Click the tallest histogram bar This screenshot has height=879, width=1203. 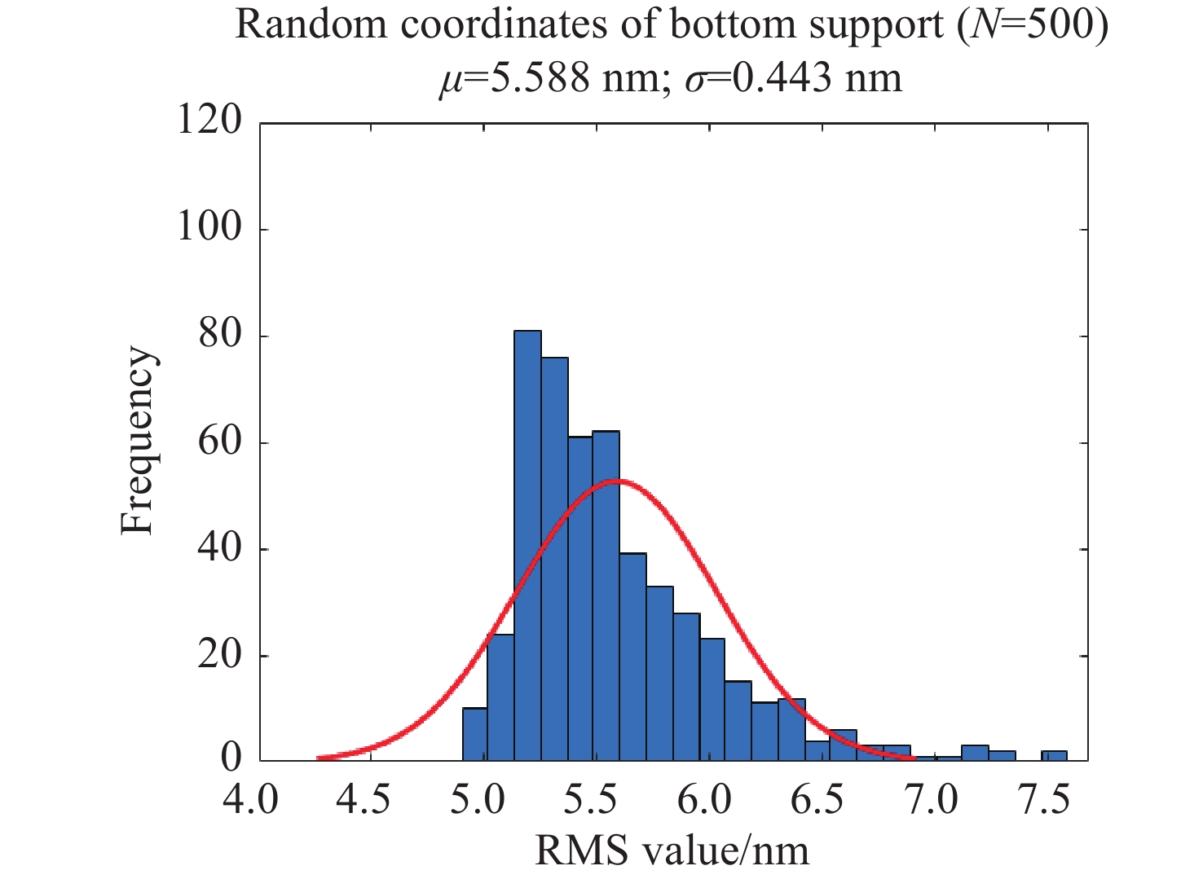click(x=527, y=546)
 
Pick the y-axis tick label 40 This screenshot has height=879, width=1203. click(x=220, y=547)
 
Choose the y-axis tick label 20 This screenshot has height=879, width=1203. click(x=220, y=654)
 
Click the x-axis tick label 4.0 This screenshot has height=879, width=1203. click(x=251, y=800)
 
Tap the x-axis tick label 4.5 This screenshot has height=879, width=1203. click(x=364, y=800)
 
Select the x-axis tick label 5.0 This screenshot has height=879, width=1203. click(x=478, y=800)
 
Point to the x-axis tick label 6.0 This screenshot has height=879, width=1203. click(x=704, y=800)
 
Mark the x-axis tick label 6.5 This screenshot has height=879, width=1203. click(x=817, y=800)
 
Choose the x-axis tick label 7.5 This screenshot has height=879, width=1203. click(x=1044, y=800)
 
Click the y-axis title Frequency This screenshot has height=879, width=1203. click(x=138, y=441)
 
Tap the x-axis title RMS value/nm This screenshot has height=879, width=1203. click(x=672, y=851)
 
